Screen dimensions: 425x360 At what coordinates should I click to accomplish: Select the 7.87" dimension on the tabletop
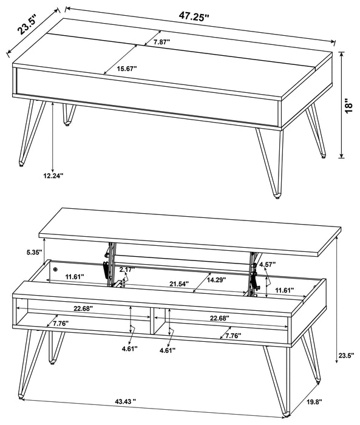point(161,42)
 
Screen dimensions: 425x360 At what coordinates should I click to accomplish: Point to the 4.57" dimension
point(268,265)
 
